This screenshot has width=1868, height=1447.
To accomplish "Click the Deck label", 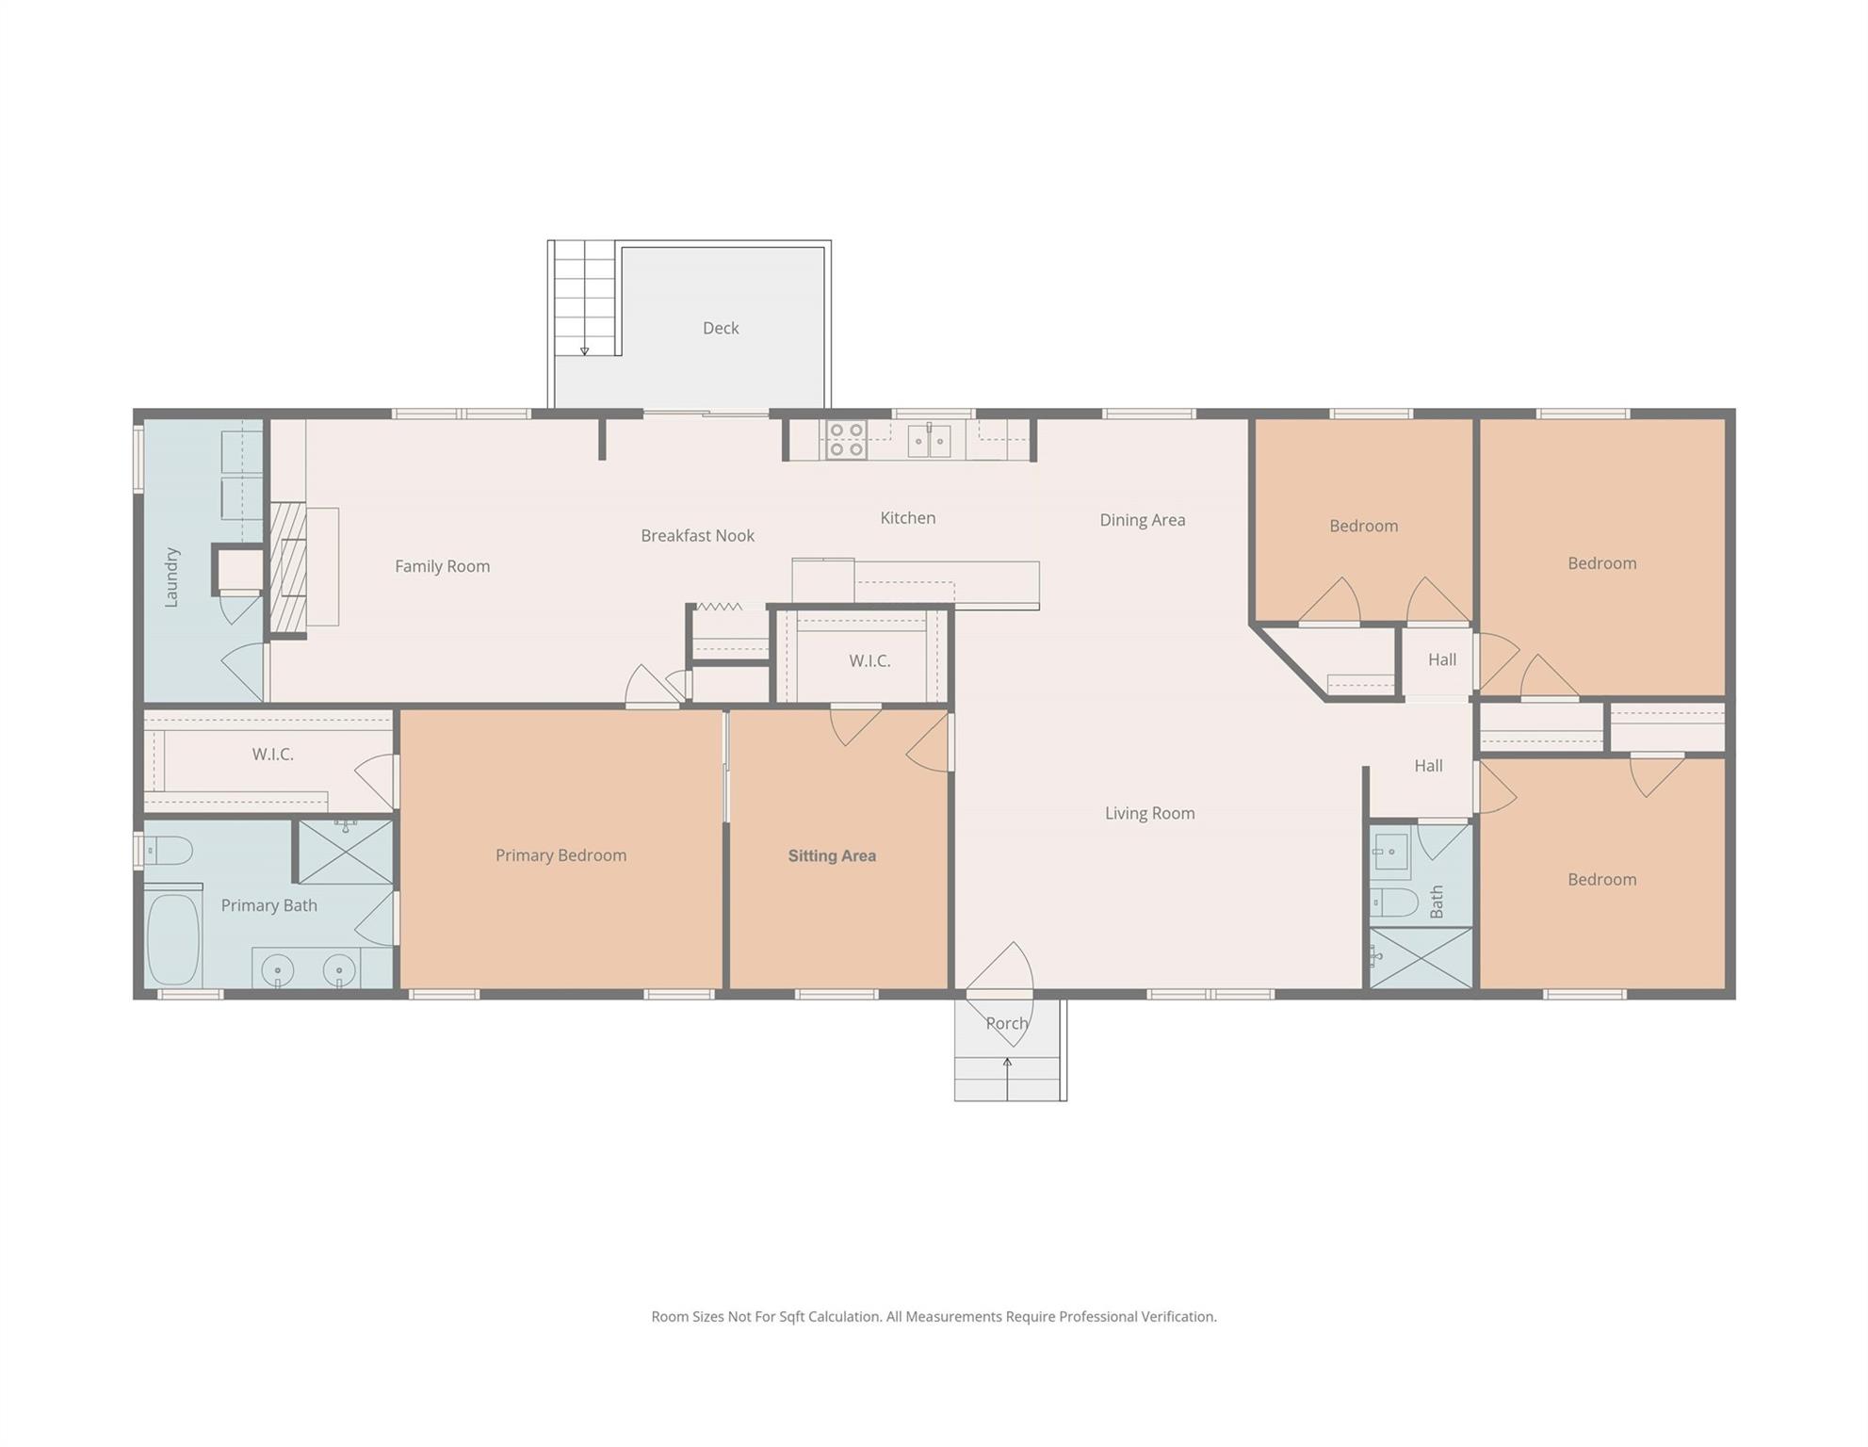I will [721, 328].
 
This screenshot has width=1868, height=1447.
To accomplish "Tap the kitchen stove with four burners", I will [846, 440].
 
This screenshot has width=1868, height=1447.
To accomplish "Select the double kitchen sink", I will [929, 440].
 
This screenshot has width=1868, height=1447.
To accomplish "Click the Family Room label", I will [442, 566].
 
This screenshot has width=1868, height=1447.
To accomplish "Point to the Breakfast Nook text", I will [697, 535].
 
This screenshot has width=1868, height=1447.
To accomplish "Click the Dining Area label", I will [1142, 519].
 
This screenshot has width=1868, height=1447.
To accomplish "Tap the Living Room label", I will [1149, 813].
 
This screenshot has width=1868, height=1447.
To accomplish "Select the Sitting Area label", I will [832, 855].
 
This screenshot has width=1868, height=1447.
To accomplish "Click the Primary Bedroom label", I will [560, 855].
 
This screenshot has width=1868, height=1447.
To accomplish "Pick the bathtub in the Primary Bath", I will [174, 938].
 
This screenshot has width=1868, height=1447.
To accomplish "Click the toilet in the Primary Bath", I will [170, 851].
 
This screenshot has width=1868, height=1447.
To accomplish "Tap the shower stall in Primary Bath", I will [346, 852].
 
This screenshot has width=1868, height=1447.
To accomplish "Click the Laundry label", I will [171, 577].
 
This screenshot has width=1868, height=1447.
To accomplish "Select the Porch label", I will [1007, 1023].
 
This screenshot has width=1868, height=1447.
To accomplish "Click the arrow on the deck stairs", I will [584, 350].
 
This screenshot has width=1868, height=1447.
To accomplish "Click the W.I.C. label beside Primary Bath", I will [272, 755].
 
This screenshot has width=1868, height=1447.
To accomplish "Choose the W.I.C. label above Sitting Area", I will [869, 660].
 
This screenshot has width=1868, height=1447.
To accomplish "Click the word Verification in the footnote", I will [1178, 1316].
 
